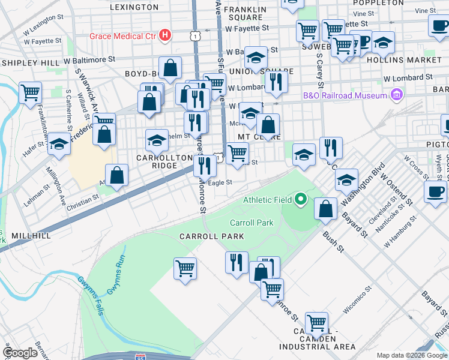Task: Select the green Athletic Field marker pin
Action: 302,199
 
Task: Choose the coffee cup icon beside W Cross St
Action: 435,192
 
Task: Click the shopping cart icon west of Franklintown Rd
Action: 30,93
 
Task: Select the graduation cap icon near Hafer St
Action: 59,144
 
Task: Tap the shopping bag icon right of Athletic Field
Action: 326,209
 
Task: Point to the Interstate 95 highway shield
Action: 140,356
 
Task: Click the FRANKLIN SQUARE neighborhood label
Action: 245,13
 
